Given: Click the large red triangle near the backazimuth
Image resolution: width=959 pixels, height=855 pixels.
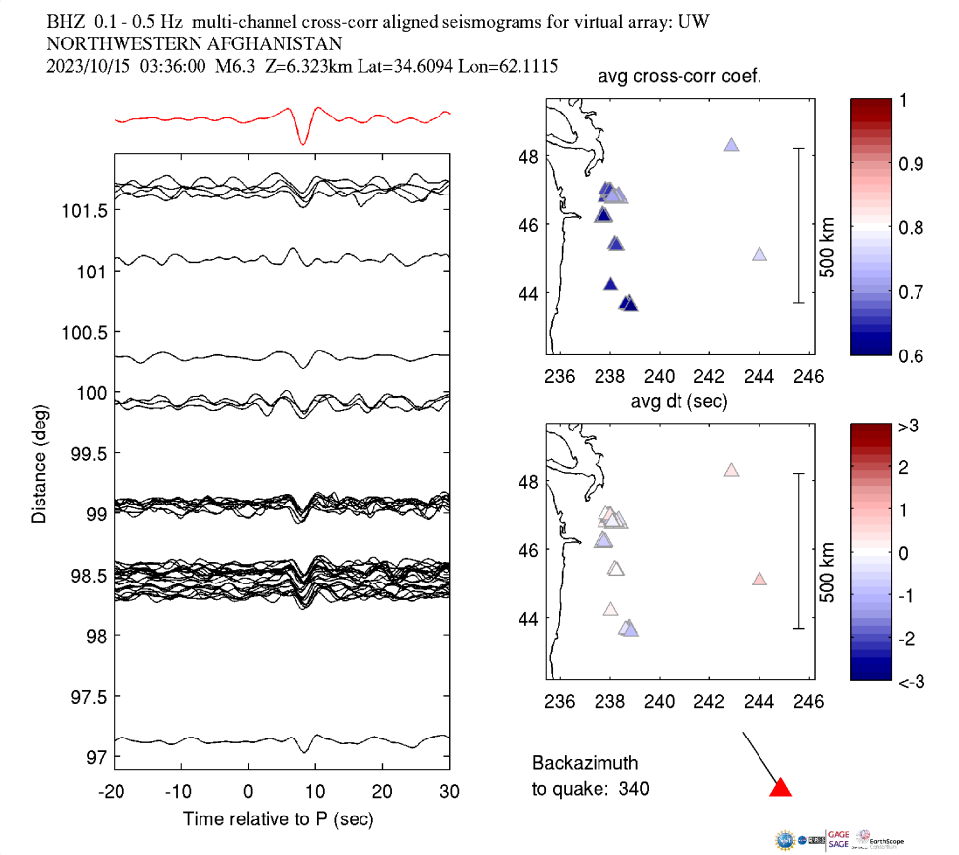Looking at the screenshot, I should pyautogui.click(x=781, y=787).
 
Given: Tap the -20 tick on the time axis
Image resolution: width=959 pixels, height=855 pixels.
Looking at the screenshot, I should pyautogui.click(x=112, y=791).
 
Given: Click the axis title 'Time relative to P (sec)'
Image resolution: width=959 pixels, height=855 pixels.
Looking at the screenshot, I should pyautogui.click(x=278, y=819).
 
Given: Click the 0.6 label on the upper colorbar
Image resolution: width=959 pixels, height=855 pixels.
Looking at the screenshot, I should pyautogui.click(x=911, y=355).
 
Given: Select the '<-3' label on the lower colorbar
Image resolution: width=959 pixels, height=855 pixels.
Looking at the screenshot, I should pyautogui.click(x=911, y=681).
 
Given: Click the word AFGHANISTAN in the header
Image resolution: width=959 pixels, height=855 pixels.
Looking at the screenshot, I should pyautogui.click(x=267, y=43).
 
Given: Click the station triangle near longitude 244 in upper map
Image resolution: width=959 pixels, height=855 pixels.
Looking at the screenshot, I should pyautogui.click(x=759, y=254).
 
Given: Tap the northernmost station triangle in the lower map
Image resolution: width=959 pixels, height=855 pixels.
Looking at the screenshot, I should pyautogui.click(x=731, y=471).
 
